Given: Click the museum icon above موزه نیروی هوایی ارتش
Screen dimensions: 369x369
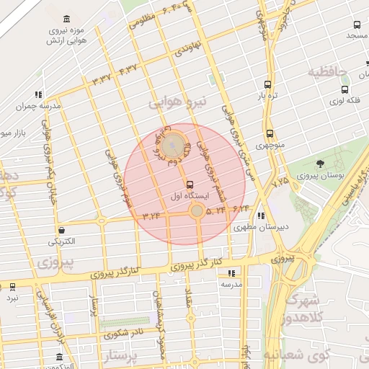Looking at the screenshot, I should [x=67, y=18].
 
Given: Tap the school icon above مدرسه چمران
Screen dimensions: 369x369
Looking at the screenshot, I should [x=37, y=94].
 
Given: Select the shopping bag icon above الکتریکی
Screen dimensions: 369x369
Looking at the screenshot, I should [x=61, y=230].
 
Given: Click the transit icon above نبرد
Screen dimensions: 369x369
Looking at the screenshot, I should [x=13, y=286].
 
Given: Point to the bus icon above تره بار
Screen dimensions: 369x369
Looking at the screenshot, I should [x=268, y=84].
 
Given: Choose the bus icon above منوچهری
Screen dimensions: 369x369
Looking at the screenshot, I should [x=270, y=133].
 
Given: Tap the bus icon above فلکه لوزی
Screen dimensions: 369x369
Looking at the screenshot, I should [x=344, y=90].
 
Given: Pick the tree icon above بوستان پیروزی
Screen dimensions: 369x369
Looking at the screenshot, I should [x=320, y=164].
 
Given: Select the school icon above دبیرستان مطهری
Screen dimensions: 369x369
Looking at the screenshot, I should [x=261, y=215].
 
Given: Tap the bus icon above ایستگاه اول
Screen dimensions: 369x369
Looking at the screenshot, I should [x=190, y=184].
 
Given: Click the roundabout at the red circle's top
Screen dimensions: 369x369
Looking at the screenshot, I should [x=172, y=145].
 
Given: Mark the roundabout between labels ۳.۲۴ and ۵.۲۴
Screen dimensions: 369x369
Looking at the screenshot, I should [x=196, y=210].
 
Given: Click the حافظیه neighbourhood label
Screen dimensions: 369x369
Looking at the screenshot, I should [x=327, y=72].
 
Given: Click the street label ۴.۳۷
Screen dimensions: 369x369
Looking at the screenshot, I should [x=128, y=70].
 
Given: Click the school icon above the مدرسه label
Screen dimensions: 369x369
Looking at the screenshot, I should [x=231, y=273].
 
